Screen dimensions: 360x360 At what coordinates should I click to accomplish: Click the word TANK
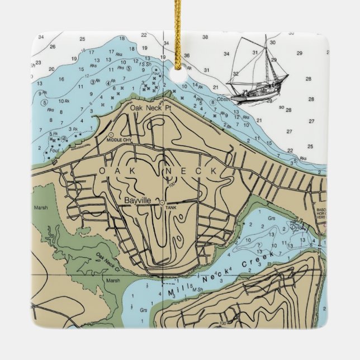(171, 208)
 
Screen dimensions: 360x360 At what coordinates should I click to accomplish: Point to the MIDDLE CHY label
(119, 140)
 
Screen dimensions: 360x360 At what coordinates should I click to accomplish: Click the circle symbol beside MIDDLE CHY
(111, 135)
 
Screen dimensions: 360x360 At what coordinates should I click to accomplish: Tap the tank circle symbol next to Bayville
(162, 202)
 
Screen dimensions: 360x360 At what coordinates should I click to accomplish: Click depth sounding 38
(205, 37)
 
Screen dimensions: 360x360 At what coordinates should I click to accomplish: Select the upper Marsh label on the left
(41, 207)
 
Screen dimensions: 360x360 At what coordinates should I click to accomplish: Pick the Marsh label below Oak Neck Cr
(113, 281)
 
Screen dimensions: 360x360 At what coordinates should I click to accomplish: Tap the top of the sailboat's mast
(266, 36)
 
